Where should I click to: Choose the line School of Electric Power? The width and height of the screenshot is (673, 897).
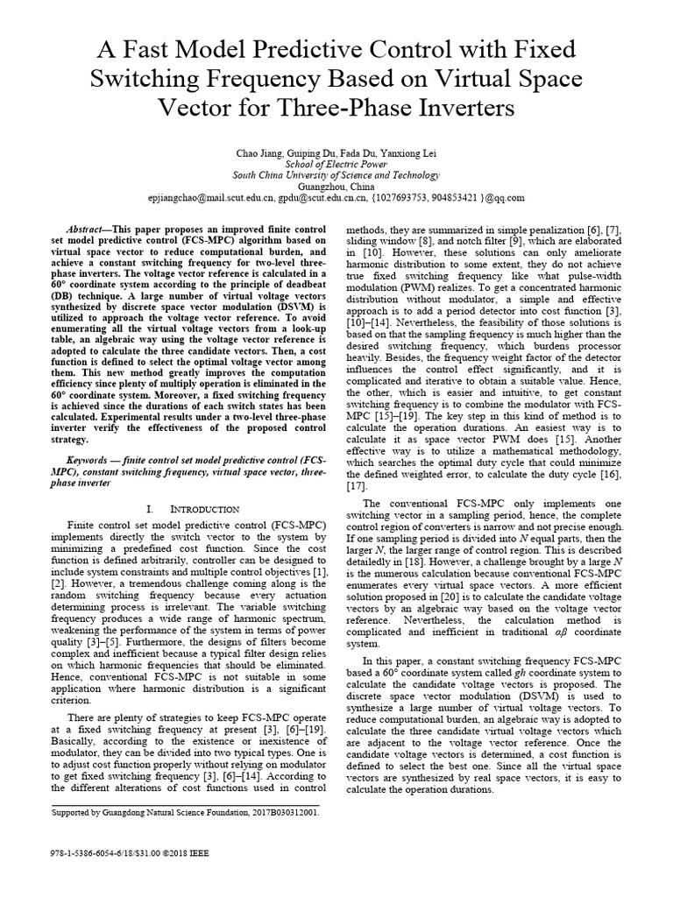[336, 164]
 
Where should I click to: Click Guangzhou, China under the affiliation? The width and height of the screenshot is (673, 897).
[336, 187]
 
